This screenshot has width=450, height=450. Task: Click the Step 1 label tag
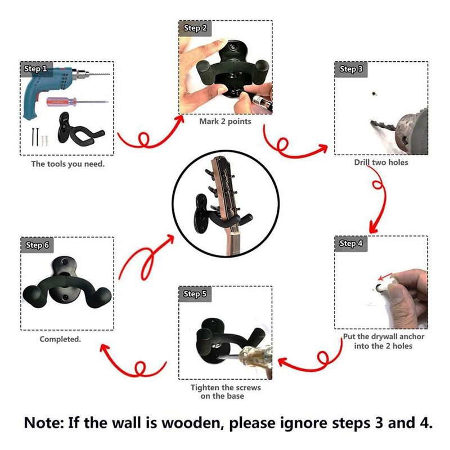point(35,69)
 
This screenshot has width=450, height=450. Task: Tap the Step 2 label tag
point(195,28)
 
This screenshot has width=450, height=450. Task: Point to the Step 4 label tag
point(352,244)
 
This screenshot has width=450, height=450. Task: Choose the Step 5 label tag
point(195,294)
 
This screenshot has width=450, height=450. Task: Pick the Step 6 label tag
point(38,246)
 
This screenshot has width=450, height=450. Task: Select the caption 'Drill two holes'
point(381,163)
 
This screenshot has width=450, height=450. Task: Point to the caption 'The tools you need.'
point(67,164)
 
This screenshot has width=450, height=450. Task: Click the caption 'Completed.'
point(60,339)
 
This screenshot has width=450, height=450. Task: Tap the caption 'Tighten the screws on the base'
point(225,392)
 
